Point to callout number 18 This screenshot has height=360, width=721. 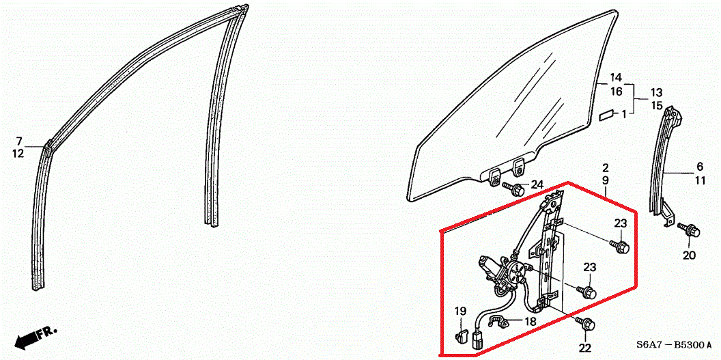531,321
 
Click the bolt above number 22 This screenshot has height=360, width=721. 584,323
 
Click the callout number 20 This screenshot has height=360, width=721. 690,255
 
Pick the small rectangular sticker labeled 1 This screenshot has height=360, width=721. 606,114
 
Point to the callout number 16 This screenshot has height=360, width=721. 616,92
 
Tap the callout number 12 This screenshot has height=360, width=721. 18,154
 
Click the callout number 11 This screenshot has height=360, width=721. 699,181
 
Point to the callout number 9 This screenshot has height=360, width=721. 606,180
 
